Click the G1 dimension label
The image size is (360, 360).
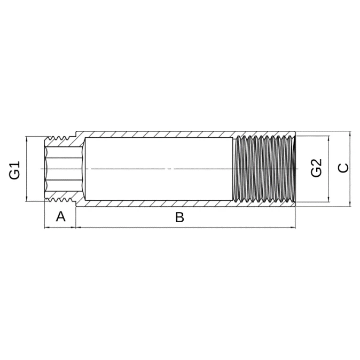point(15,170)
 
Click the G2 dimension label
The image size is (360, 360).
point(317,168)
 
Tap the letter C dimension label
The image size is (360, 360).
point(343,168)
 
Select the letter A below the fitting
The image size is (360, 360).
point(60,216)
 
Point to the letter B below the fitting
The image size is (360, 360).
point(179,217)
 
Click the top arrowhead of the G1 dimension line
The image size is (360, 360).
point(26,139)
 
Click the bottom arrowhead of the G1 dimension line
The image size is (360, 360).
point(26,199)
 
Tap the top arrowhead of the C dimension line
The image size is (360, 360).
point(350,134)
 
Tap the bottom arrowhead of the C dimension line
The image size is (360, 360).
point(350,204)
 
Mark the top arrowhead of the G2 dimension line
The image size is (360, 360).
point(329,138)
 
